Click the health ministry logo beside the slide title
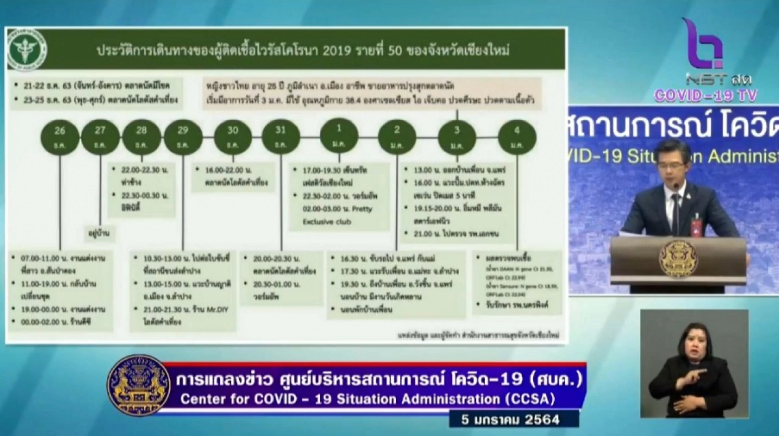27,50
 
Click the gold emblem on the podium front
677,258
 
